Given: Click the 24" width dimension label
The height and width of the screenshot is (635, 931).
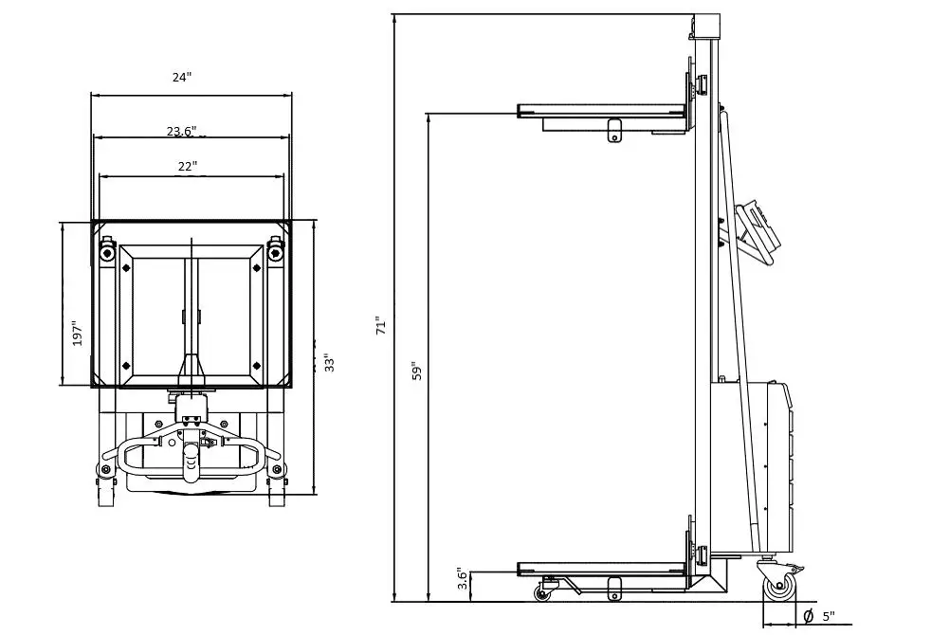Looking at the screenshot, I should click(x=182, y=78).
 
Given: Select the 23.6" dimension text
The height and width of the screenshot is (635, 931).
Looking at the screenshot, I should click(x=181, y=131).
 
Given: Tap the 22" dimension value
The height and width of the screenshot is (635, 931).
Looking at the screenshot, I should click(x=187, y=166).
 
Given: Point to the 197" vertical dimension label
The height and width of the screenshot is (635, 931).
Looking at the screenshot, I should click(x=79, y=334).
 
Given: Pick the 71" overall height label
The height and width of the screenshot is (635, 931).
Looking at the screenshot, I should click(x=381, y=325).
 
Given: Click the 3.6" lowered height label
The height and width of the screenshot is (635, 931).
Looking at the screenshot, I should click(x=462, y=580).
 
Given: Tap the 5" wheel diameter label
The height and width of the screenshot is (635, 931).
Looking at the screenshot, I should click(x=829, y=616).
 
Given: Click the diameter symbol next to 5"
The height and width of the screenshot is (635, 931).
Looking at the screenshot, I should click(x=809, y=616).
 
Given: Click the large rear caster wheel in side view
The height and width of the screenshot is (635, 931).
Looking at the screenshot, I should click(x=781, y=587).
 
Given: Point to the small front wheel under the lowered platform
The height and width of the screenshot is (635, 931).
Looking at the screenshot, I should click(x=542, y=593).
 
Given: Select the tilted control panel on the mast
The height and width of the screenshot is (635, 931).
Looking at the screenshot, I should click(x=758, y=227).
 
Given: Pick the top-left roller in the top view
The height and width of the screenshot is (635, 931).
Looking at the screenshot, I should click(x=106, y=252).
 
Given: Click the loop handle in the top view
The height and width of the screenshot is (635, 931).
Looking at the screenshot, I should click(x=190, y=456).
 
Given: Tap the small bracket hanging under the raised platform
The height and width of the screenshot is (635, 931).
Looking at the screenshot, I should click(x=614, y=130).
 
